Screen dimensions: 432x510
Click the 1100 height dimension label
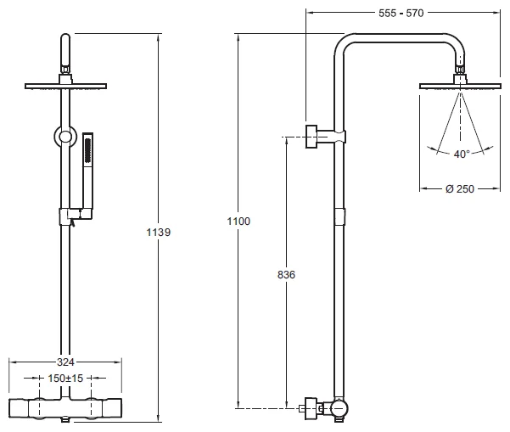(238, 221)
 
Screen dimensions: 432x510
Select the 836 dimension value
(286, 275)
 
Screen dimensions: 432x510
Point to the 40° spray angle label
(461, 154)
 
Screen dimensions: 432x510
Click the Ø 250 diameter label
(459, 188)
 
